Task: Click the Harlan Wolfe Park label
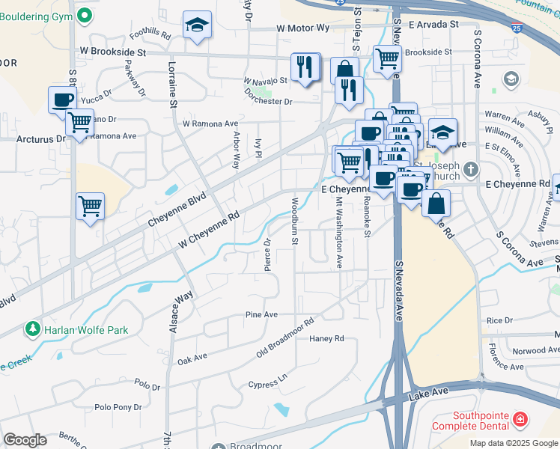click(85, 330)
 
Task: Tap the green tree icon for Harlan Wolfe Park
click(32, 329)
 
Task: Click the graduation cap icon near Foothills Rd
click(198, 26)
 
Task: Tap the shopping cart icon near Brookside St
click(387, 57)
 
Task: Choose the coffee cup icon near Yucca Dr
click(63, 99)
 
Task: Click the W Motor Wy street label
click(302, 28)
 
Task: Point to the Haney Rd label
click(326, 338)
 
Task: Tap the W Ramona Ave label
click(210, 123)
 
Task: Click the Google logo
click(25, 440)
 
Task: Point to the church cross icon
click(469, 168)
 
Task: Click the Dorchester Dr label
click(268, 102)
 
